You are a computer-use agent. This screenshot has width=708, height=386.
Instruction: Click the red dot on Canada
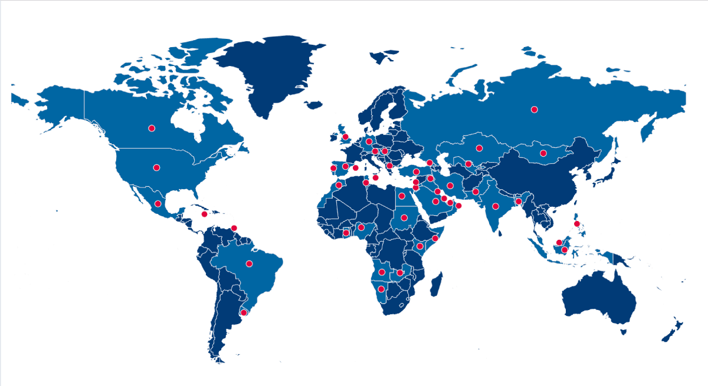click(152, 128)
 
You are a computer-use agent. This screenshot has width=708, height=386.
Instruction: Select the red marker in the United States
click(156, 167)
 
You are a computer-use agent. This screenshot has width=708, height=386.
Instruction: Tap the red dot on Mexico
click(158, 204)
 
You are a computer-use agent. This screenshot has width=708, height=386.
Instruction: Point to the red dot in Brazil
click(249, 263)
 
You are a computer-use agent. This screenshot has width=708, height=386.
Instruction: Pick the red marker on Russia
click(534, 109)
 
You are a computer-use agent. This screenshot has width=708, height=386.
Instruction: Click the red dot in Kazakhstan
click(479, 148)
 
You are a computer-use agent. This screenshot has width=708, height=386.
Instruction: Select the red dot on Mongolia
click(543, 153)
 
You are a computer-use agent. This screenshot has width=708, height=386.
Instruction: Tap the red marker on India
click(496, 206)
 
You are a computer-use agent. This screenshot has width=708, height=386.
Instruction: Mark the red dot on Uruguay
click(244, 312)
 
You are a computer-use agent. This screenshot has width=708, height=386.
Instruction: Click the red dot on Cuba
click(204, 214)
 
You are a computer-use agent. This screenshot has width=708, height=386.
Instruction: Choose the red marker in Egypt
click(402, 196)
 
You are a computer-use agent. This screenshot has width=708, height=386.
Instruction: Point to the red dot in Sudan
click(404, 217)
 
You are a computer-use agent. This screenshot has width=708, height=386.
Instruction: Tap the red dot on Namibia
click(381, 289)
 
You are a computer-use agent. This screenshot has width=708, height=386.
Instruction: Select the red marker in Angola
click(382, 272)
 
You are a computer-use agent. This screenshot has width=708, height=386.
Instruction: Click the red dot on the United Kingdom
click(345, 137)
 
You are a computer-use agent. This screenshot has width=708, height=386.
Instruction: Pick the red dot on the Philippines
click(577, 223)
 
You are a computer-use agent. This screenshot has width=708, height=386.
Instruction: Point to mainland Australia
click(599, 298)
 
